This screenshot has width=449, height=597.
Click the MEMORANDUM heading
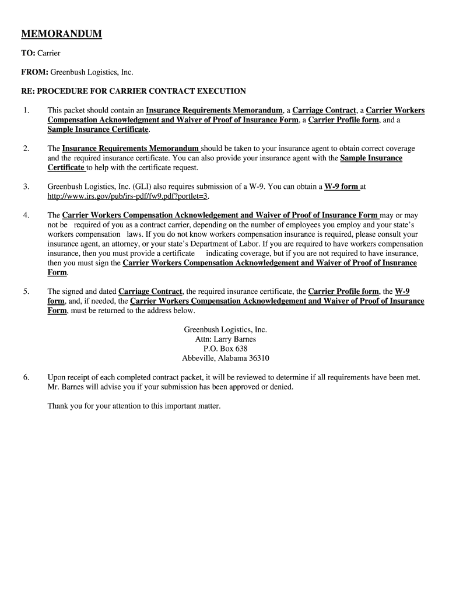[61, 34]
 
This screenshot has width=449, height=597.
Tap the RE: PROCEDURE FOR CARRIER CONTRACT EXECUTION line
[134, 91]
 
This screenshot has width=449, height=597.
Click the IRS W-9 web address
[128, 196]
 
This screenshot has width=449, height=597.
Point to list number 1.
[26, 110]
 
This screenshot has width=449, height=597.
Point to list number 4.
[26, 215]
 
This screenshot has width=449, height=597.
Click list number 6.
[26, 377]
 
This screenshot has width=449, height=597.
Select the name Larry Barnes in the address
[235, 339]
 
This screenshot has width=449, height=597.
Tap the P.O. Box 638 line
[225, 349]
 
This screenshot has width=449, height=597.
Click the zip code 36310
[258, 358]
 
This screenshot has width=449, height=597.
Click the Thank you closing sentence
[134, 406]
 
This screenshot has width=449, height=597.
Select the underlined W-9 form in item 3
[341, 187]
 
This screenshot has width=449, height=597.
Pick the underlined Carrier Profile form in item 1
[343, 120]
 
